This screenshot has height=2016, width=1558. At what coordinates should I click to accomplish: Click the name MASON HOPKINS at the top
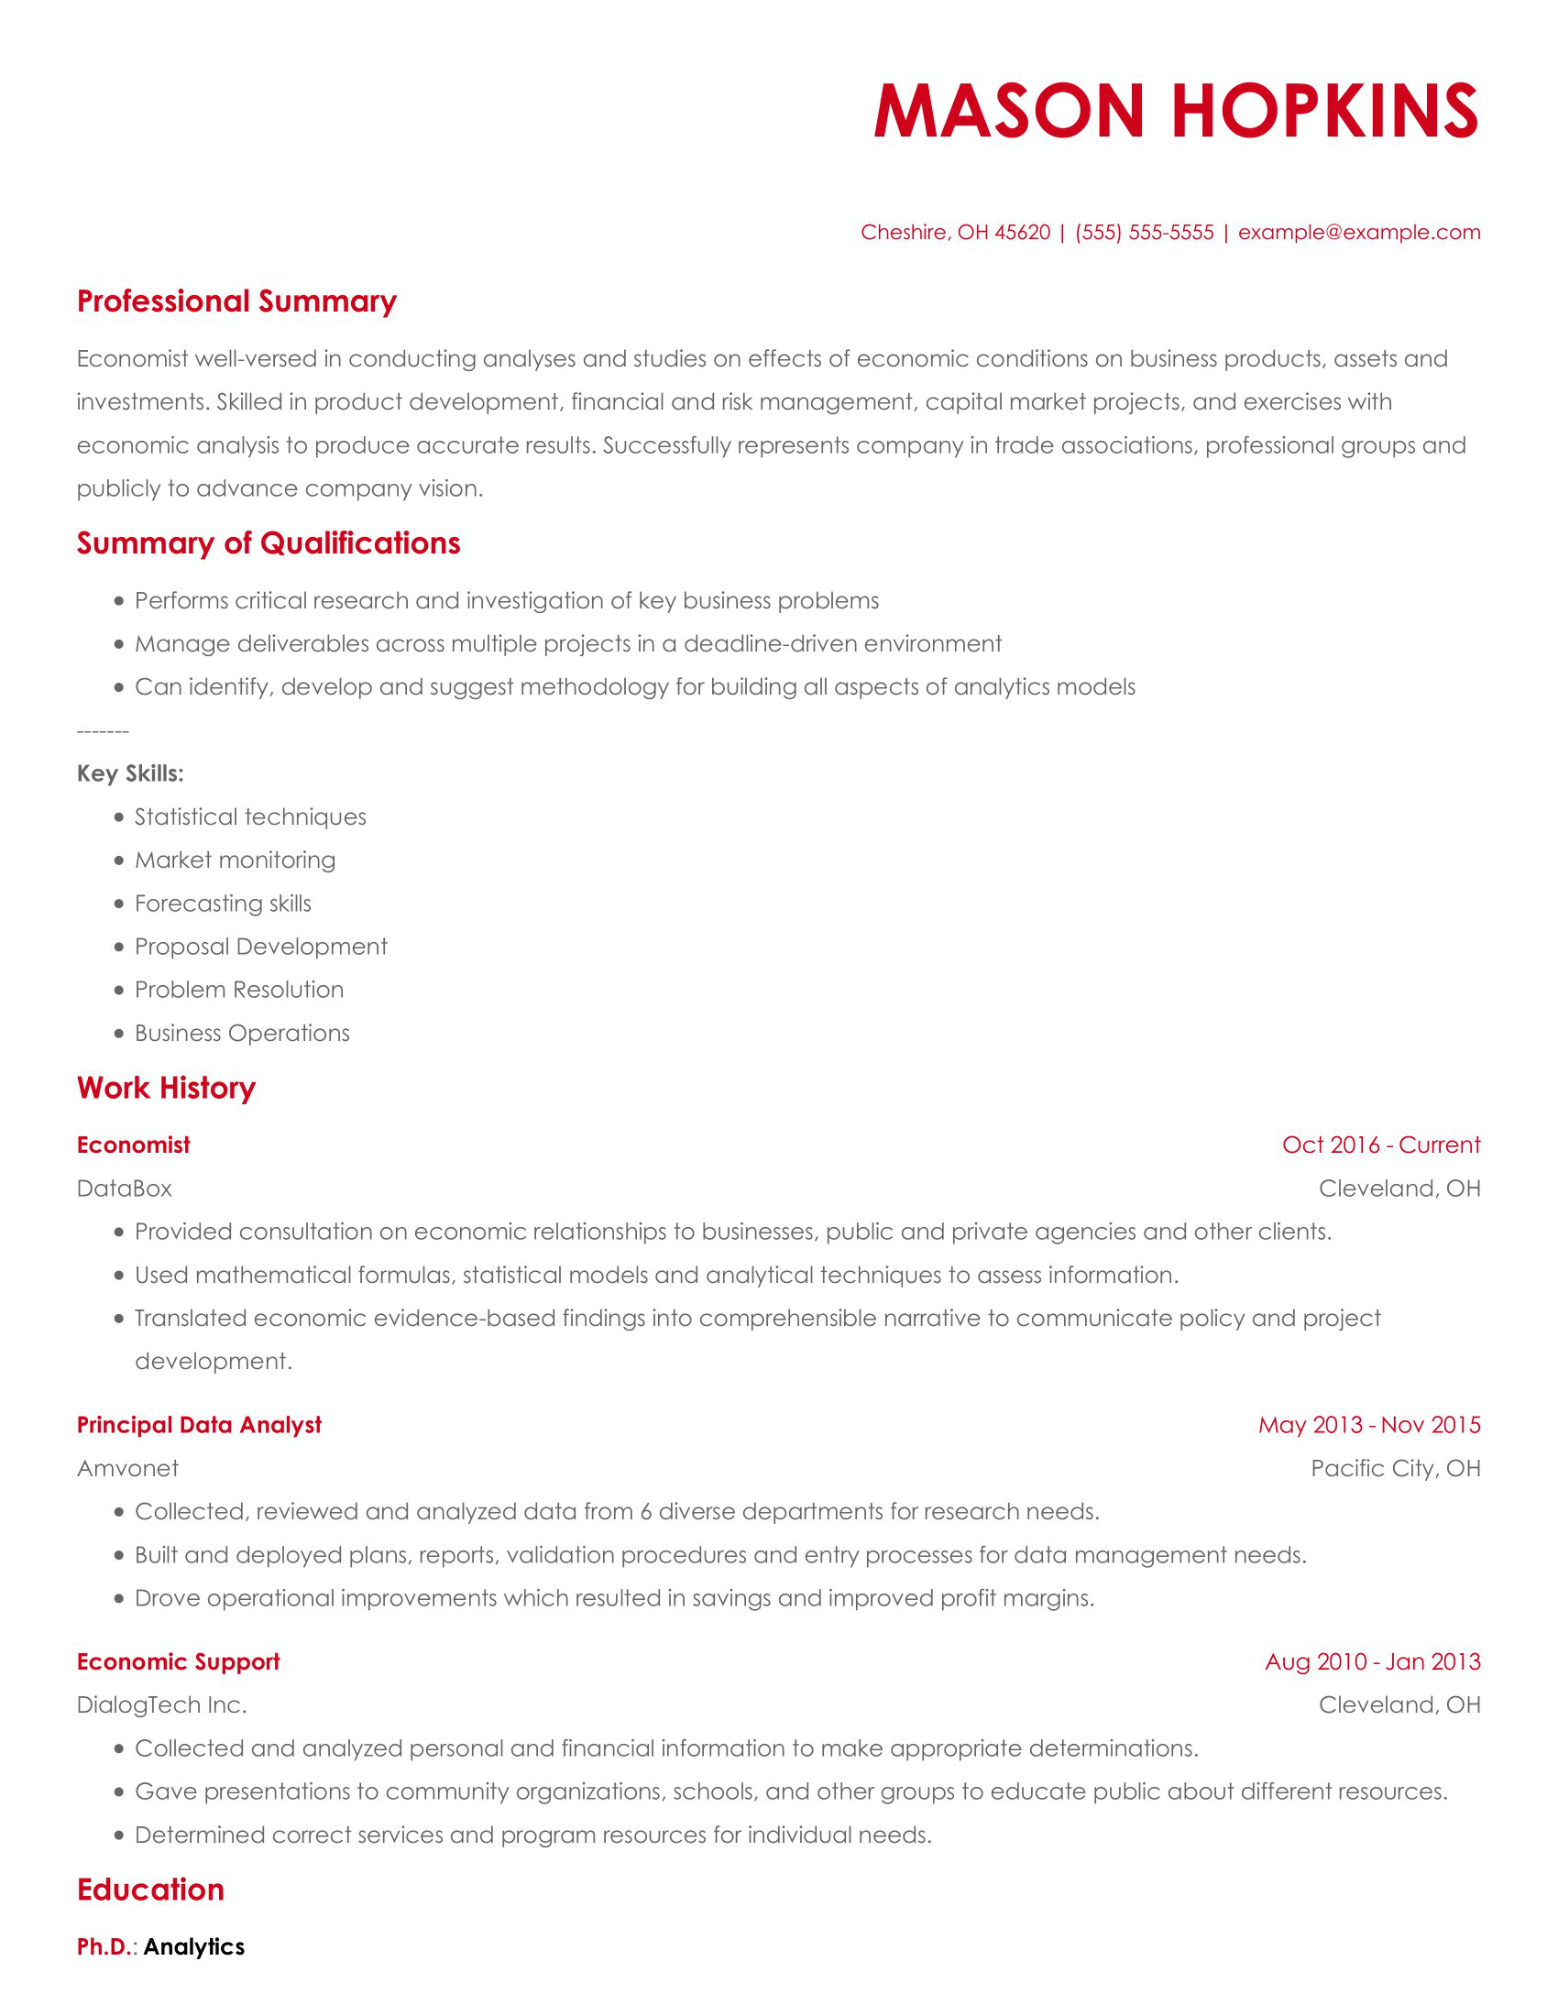point(1176,111)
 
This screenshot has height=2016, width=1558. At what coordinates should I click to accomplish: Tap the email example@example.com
point(1358,233)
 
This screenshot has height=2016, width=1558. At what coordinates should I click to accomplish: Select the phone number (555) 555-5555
point(1144,233)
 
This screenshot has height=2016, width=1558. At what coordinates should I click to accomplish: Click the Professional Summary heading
point(236,301)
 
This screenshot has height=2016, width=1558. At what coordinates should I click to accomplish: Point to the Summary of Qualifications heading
point(268,543)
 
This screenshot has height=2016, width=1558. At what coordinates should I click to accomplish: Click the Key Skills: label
point(130,773)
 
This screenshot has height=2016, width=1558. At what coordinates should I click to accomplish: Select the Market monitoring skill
point(235,860)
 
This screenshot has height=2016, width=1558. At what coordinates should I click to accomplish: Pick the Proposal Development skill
point(260,948)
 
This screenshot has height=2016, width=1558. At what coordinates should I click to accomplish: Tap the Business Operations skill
point(242,1033)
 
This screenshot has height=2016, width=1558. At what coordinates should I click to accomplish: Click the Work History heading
point(166,1089)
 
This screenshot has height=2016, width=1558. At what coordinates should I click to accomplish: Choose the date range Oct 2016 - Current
point(1381,1145)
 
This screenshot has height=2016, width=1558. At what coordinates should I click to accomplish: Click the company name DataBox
point(125,1189)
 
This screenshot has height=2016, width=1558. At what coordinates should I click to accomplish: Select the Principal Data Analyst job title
point(200,1425)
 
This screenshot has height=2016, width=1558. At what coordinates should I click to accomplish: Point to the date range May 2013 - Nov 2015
point(1369,1425)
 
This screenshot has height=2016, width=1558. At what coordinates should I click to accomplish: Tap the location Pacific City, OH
point(1395,1469)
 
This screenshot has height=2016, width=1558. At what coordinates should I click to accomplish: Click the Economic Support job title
point(178,1661)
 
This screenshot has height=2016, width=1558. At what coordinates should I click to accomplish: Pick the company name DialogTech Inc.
point(161,1705)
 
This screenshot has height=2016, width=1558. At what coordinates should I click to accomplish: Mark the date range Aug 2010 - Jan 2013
point(1373,1661)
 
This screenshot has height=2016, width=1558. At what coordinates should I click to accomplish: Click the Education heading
point(150,1890)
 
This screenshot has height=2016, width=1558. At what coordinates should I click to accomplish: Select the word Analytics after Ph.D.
point(194,1946)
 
